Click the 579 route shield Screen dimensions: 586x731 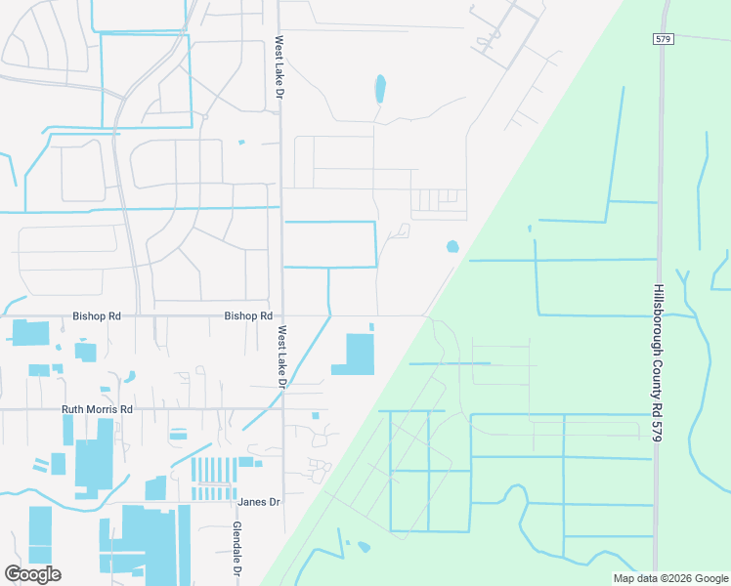point(664,38)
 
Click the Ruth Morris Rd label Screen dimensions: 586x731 point(97,409)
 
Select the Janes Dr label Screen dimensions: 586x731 point(259,502)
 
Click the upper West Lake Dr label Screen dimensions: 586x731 point(279,69)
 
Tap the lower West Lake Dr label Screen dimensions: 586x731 point(279,357)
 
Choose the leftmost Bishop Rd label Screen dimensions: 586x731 point(97,316)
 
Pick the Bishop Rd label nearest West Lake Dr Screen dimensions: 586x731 point(248,316)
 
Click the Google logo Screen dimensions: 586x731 point(32,574)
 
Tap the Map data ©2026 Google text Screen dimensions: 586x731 point(669,578)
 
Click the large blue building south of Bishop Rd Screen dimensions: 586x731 point(357,355)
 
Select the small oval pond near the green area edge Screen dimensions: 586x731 point(452,247)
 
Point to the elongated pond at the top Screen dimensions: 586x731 point(379,90)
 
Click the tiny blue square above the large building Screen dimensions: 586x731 point(371,326)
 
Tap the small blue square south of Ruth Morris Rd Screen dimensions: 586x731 point(315,416)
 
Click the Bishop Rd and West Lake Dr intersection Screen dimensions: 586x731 point(281,315)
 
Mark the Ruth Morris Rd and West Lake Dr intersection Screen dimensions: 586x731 point(282,408)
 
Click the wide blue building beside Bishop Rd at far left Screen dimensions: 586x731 point(29,332)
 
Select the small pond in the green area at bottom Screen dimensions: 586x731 point(364,546)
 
